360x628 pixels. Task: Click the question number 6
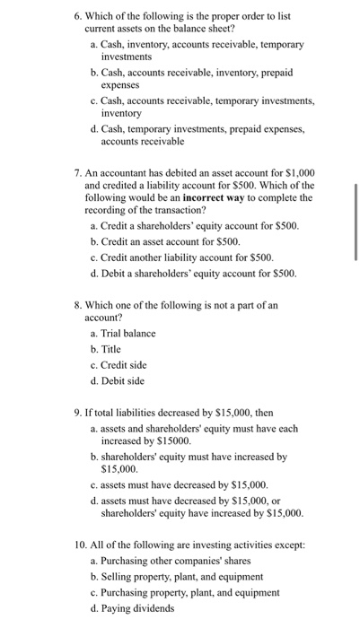[77, 16]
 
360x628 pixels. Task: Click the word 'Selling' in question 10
[120, 577]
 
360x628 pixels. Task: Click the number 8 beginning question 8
[77, 304]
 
